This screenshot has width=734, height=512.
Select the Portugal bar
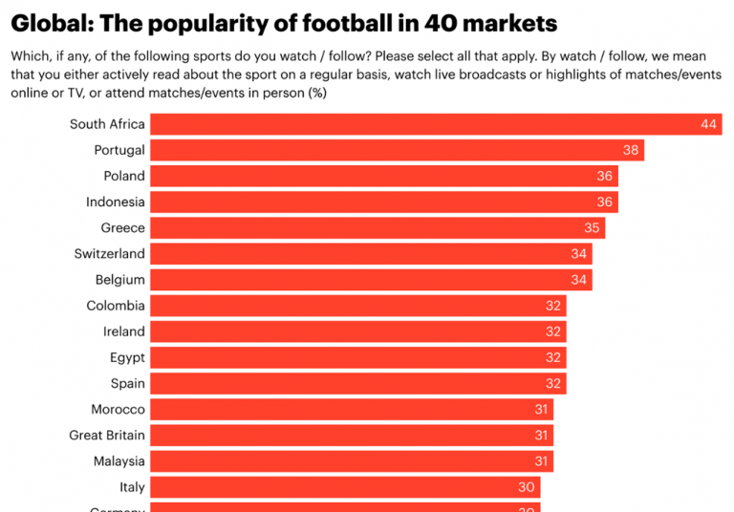(397, 150)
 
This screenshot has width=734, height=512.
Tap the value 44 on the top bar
(708, 124)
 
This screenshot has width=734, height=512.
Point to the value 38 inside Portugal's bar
(631, 150)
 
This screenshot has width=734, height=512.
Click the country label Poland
(124, 176)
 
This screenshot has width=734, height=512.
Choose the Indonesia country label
(116, 202)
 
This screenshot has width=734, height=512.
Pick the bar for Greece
(378, 227)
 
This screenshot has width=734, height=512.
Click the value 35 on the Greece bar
(592, 228)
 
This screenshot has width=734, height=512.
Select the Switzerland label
(110, 253)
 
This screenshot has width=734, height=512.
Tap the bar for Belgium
(371, 280)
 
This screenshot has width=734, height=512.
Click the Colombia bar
(358, 306)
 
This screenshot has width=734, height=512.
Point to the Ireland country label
(124, 331)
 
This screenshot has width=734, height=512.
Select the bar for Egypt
(358, 357)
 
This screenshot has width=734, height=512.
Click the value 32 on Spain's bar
(552, 384)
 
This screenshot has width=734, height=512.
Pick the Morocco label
(119, 409)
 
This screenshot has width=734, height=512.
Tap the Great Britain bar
(352, 436)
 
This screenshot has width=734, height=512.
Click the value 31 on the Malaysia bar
(540, 461)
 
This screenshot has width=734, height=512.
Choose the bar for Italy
(345, 487)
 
